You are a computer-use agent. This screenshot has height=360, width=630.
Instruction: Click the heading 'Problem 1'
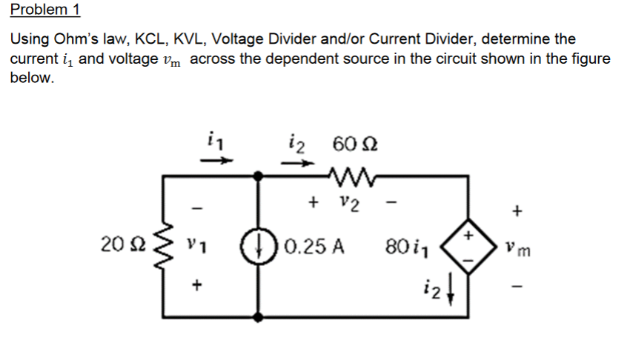[x=45, y=10]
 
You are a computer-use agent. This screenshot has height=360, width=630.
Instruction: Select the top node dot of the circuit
[x=258, y=176]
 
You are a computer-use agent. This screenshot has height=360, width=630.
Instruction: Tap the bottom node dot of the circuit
[x=258, y=316]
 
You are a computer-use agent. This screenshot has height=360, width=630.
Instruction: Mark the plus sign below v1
[x=195, y=284]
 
